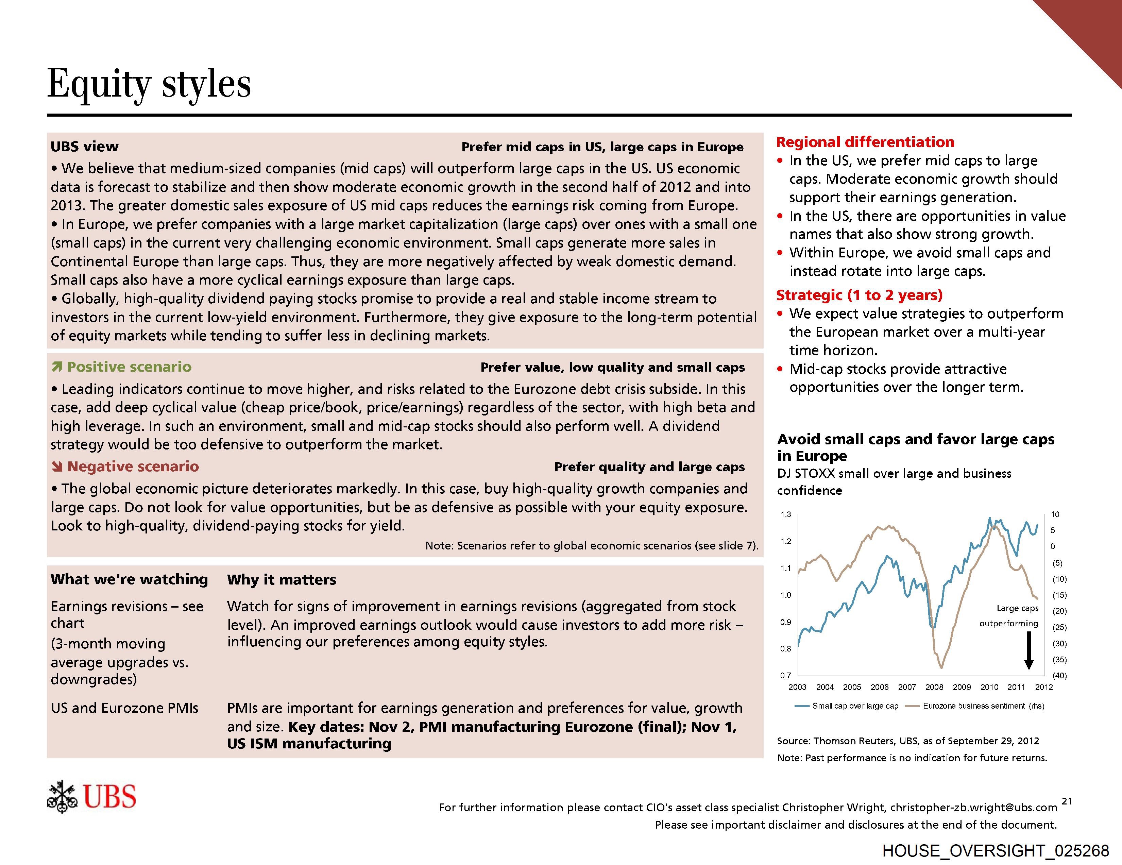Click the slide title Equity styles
pyautogui.click(x=149, y=84)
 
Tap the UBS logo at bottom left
pyautogui.click(x=92, y=797)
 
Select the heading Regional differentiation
pyautogui.click(x=865, y=142)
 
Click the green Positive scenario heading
pyautogui.click(x=129, y=367)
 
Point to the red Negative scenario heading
pyautogui.click(x=133, y=467)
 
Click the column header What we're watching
pyautogui.click(x=129, y=579)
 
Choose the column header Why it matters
pyautogui.click(x=282, y=580)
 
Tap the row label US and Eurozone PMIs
pyautogui.click(x=124, y=708)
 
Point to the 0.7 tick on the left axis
pyautogui.click(x=785, y=676)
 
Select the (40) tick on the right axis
pyautogui.click(x=1059, y=676)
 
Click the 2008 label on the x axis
pyautogui.click(x=934, y=687)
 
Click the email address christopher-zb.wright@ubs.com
pyautogui.click(x=973, y=808)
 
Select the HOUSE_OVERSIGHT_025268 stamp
pyautogui.click(x=996, y=851)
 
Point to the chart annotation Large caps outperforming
pyautogui.click(x=1009, y=616)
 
